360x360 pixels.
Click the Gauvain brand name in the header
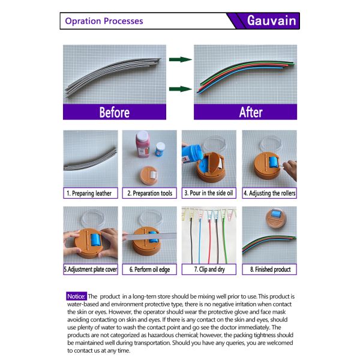click(272, 20)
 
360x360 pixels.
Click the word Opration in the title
click(83, 21)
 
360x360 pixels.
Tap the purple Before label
click(115, 112)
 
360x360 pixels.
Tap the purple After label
click(245, 112)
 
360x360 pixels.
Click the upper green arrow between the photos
click(181, 59)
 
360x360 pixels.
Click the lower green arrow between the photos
click(181, 89)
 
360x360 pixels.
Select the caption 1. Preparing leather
click(89, 193)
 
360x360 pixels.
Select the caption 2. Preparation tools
click(149, 193)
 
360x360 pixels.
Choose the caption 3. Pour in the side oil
click(209, 193)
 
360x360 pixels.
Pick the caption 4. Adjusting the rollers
click(269, 193)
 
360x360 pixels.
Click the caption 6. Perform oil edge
click(149, 269)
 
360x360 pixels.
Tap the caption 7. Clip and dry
click(209, 269)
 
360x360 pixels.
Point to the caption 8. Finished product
click(270, 269)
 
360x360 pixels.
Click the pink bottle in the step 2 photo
click(143, 144)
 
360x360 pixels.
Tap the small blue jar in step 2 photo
click(160, 149)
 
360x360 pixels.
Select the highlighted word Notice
click(76, 296)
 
